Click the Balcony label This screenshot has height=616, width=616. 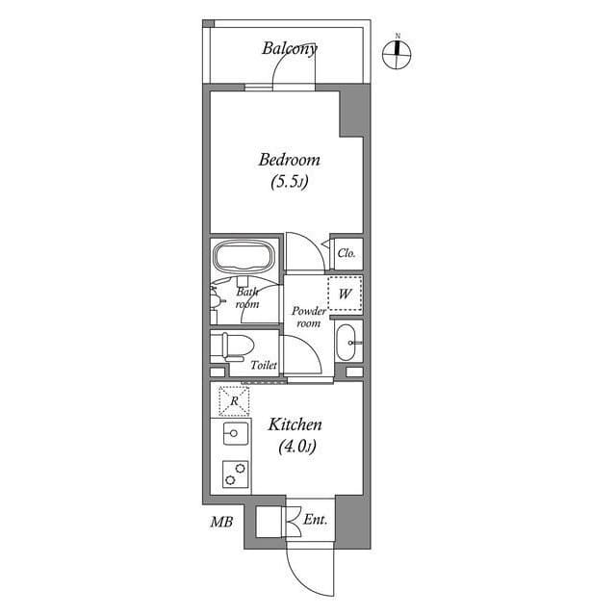(x=290, y=48)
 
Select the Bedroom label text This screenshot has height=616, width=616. (x=288, y=160)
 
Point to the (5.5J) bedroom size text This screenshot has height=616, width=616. (x=289, y=181)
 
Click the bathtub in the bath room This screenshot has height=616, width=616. (x=244, y=258)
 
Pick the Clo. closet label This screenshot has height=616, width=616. (x=346, y=253)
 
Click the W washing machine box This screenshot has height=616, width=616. (x=344, y=293)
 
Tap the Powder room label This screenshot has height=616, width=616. (x=307, y=317)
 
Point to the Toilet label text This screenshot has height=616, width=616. (x=264, y=366)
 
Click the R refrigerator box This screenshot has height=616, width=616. (x=233, y=400)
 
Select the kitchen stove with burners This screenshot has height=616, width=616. (x=234, y=473)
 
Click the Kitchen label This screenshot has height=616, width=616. (x=295, y=424)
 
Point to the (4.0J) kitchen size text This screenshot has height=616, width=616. (x=295, y=446)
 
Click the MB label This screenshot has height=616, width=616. (x=220, y=523)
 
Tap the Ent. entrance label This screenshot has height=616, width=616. (x=316, y=520)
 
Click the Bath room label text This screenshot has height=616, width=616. (x=247, y=296)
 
